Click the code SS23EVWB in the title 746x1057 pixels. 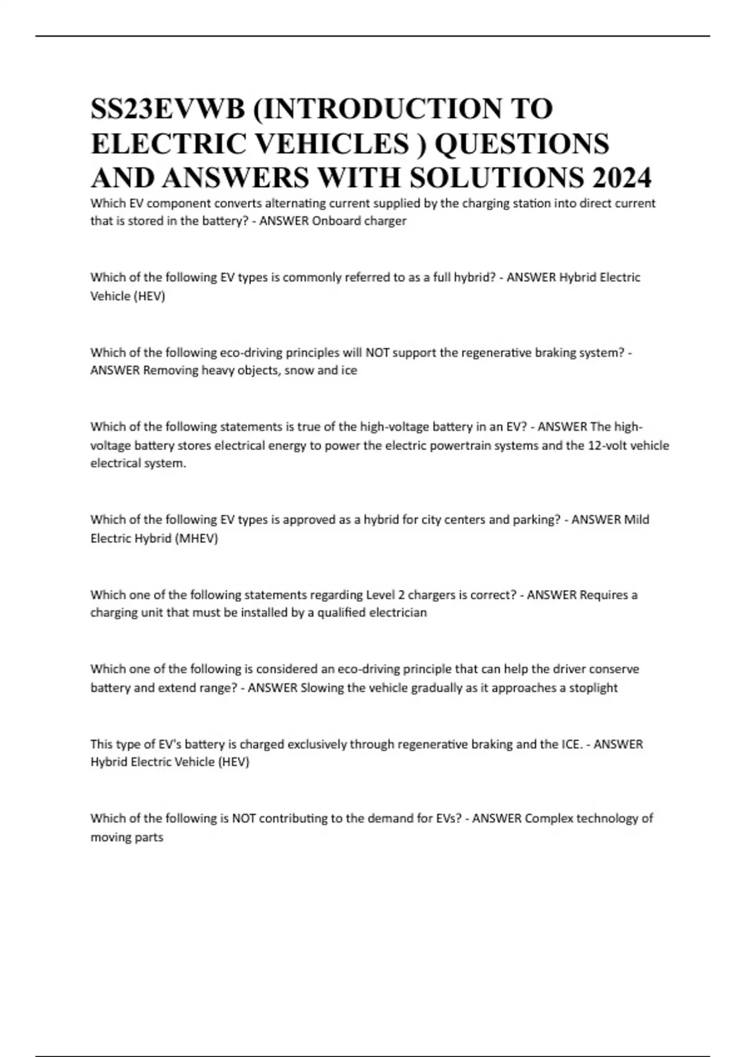(168, 109)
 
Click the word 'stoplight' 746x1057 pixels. (593, 688)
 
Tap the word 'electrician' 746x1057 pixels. (398, 613)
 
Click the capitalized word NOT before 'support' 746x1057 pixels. (377, 353)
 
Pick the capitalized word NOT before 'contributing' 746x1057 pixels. (243, 818)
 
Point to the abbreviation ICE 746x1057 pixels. (571, 744)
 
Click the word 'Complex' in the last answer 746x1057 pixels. (548, 818)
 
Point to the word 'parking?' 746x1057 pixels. (536, 520)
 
